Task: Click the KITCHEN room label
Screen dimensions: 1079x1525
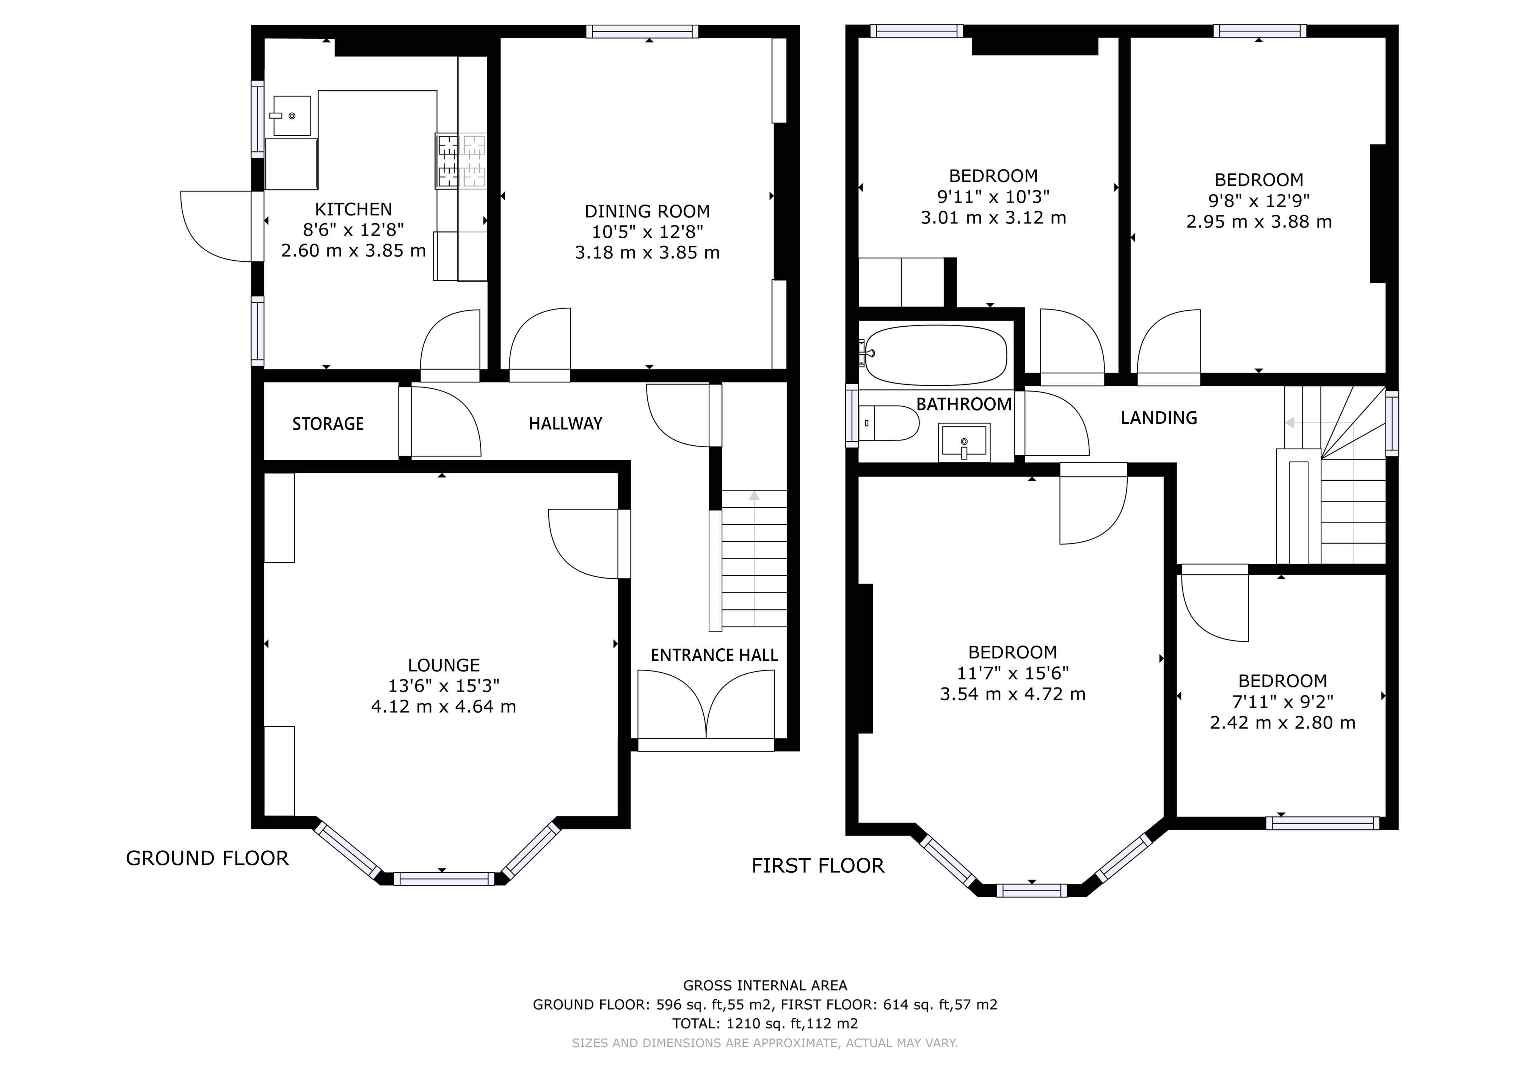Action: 353,209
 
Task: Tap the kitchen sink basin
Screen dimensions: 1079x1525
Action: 292,116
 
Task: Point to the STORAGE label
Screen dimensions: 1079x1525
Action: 328,424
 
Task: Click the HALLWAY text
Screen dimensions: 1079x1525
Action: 565,423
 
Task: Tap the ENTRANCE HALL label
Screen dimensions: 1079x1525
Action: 714,655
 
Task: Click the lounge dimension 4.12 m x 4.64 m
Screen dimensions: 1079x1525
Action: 443,706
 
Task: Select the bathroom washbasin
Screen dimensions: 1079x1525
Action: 964,442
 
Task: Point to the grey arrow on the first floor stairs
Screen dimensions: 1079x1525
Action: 1291,423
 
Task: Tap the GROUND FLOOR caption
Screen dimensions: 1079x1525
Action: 207,859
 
